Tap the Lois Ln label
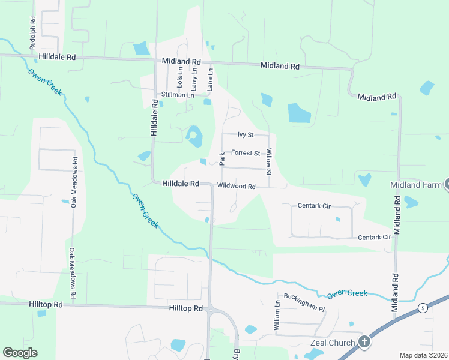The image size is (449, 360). point(179,76)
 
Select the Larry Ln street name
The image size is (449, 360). point(194,78)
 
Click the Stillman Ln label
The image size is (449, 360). point(178,95)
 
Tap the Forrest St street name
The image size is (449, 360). point(245,153)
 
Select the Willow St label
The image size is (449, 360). point(269,162)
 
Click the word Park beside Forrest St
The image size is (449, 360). point(221,159)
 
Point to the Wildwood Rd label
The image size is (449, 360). point(237,187)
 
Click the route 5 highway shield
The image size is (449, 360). point(423,308)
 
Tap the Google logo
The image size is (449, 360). point(20,353)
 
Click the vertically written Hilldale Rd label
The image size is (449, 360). point(154,117)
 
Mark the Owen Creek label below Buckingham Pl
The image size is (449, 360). point(346,293)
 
